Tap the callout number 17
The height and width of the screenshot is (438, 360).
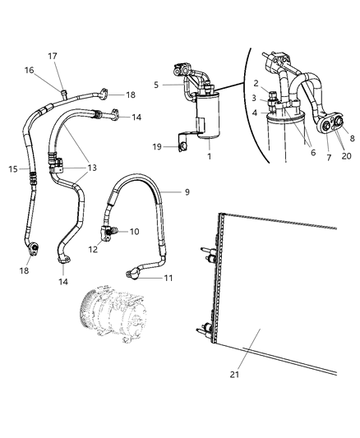pyautogui.click(x=52, y=57)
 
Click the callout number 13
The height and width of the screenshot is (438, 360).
pyautogui.click(x=92, y=168)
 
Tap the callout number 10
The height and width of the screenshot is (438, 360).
pyautogui.click(x=134, y=232)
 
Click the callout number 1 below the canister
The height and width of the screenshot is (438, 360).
pyautogui.click(x=207, y=156)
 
